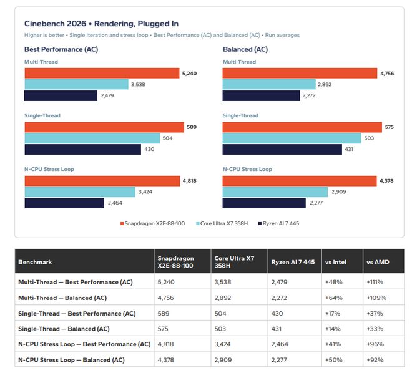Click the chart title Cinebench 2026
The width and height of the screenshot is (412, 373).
pos(55,24)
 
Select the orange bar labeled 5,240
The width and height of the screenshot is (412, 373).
pos(102,73)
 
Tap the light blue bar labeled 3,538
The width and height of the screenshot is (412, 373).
pos(76,84)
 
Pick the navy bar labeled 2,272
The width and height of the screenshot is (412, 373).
pos(261,95)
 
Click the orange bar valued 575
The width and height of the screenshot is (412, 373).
pos(302,127)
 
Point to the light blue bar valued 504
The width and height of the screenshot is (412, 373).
pos(92,138)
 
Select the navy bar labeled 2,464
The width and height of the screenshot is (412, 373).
pos(64,203)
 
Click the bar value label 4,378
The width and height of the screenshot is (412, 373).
pos(386,181)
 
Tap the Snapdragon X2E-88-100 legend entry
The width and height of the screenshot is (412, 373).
pos(153,223)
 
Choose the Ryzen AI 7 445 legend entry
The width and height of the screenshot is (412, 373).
pos(279,223)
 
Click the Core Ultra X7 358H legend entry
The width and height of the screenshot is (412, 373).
pos(222,223)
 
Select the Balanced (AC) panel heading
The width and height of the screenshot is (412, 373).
pos(245,49)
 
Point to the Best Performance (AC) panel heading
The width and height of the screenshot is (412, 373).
pos(61,49)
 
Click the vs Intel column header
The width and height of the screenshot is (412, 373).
pos(336,262)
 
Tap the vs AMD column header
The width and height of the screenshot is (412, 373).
pos(378,262)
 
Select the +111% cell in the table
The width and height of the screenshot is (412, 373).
pos(375,282)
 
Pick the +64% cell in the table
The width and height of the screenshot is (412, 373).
pos(334,298)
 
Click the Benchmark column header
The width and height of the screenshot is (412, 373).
pos(35,262)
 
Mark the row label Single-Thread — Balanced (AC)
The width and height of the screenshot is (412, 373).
pos(64,329)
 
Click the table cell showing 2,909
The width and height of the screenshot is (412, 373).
pos(223,360)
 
